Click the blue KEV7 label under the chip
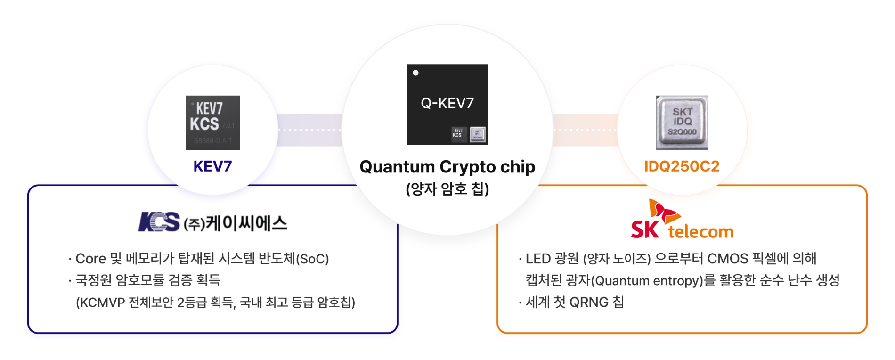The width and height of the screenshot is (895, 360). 212,166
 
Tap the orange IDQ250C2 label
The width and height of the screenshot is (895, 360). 682,166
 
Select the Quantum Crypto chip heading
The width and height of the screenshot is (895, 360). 447,167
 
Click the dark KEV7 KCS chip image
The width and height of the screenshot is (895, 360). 213,123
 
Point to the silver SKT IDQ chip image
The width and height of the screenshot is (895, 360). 682,123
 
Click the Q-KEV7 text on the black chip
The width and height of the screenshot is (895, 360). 447,103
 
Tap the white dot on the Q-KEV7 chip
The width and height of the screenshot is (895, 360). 415,73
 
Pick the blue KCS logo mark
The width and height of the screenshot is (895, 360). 159,222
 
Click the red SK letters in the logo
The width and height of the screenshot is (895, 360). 645,229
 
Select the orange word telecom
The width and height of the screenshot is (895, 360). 700,232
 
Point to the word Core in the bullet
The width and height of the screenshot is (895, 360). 91,259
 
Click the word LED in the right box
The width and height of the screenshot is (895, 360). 538,259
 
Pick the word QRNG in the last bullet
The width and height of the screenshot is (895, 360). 589,303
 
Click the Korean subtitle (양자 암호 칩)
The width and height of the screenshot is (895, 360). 447,189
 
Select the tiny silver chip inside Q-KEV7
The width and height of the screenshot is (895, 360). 478,134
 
